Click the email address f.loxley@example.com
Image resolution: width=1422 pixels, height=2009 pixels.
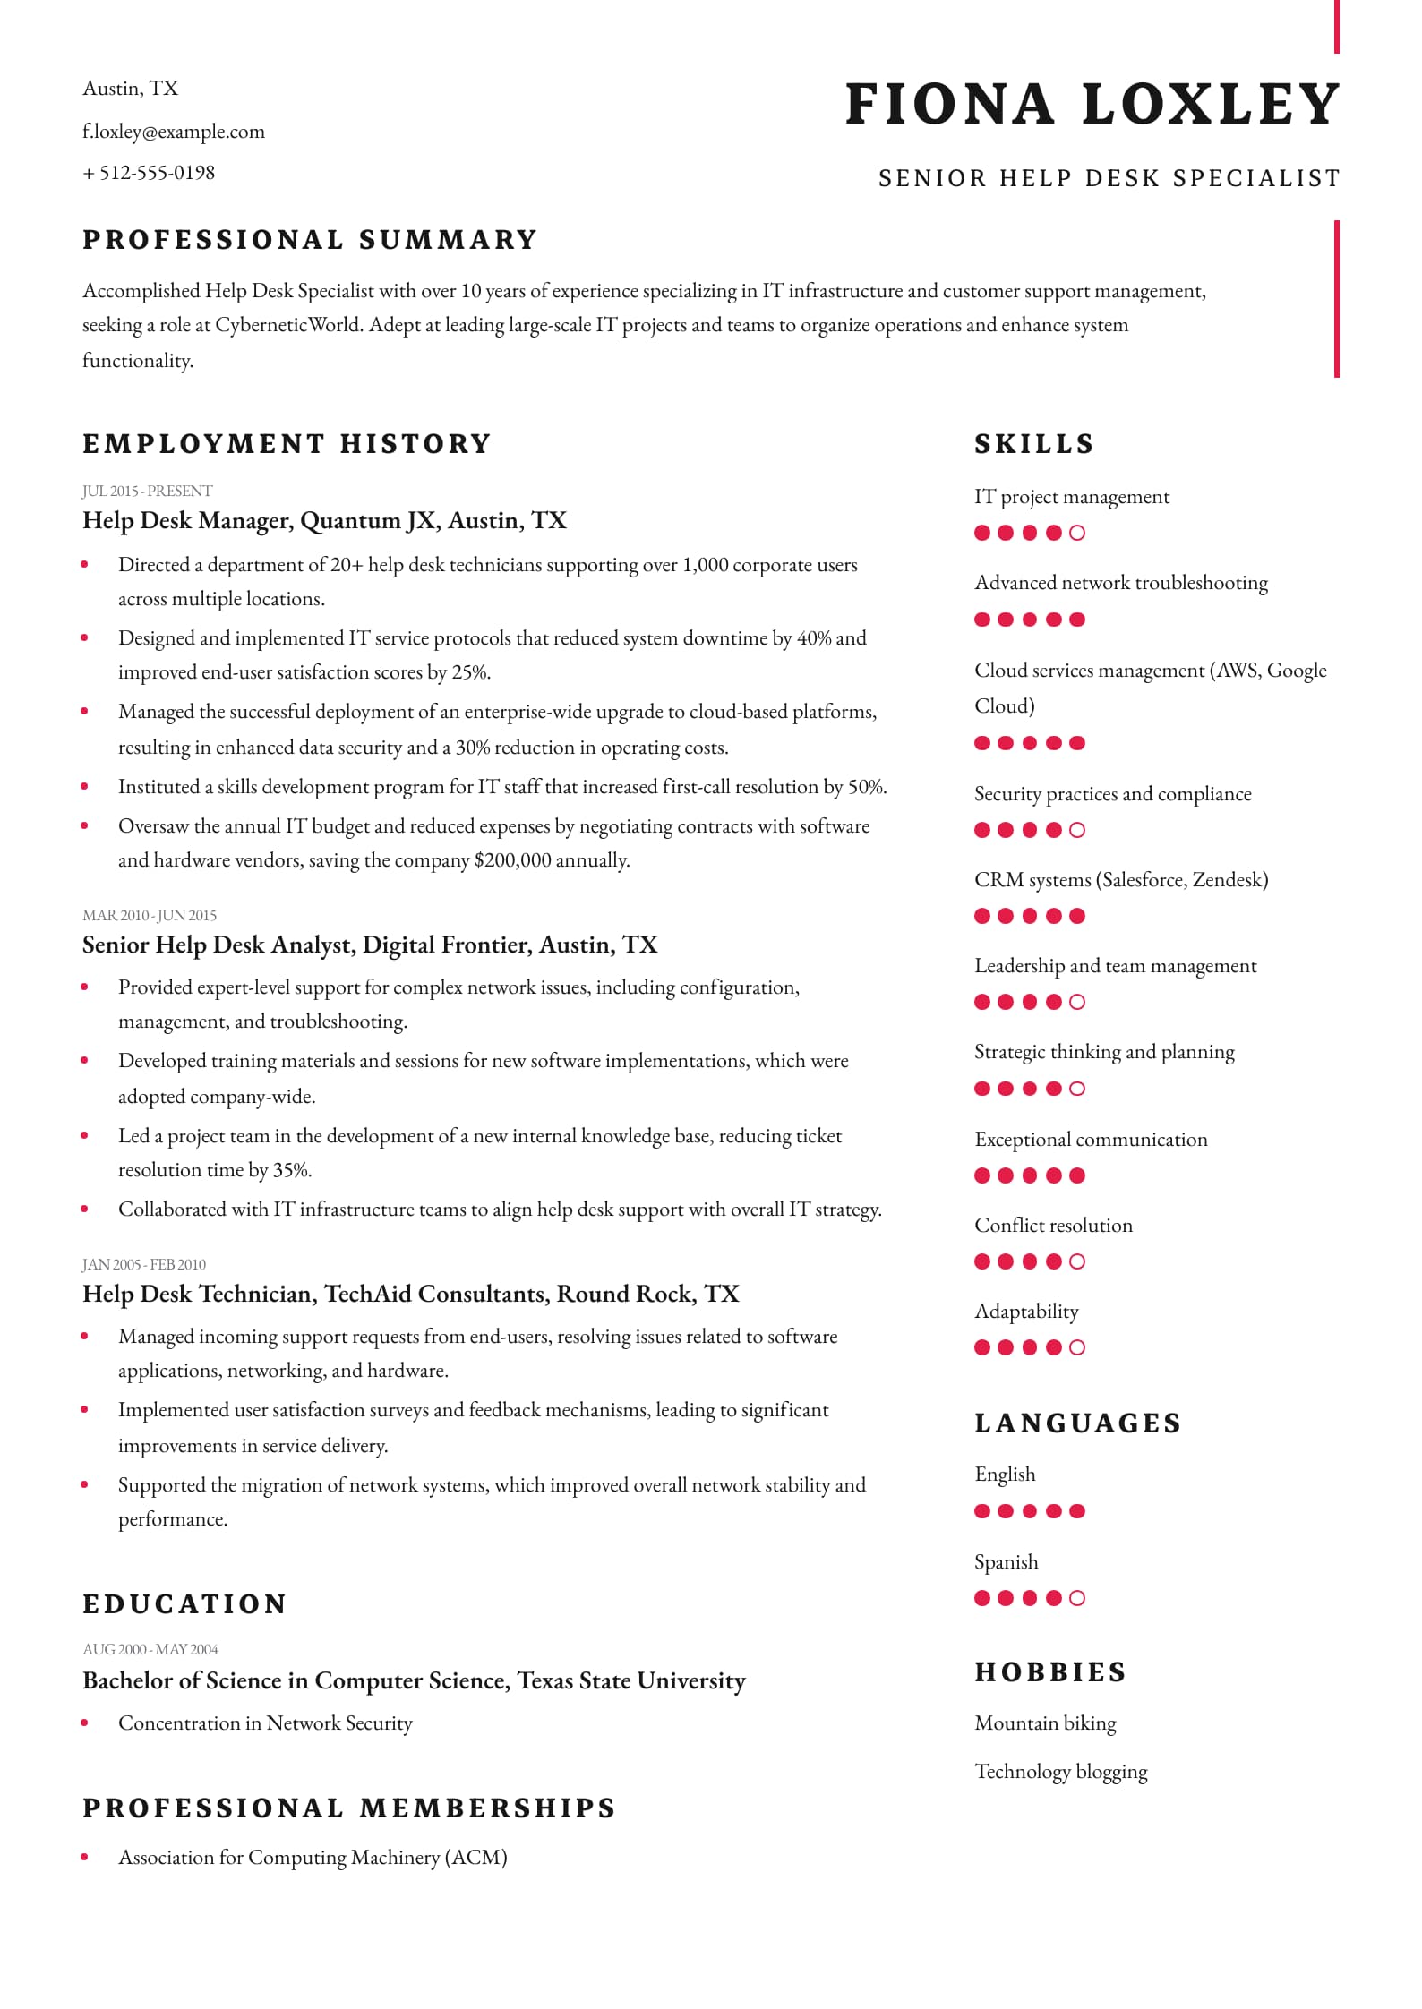tap(174, 132)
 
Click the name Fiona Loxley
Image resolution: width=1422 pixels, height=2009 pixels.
tap(1092, 104)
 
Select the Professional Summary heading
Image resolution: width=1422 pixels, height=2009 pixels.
tap(310, 240)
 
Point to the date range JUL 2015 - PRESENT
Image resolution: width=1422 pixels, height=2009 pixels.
tap(148, 491)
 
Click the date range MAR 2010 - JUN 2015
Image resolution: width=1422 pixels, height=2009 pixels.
tap(150, 915)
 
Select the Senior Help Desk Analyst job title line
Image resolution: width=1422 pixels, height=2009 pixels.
tap(370, 945)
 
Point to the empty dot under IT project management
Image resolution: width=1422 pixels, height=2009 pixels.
tap(1077, 533)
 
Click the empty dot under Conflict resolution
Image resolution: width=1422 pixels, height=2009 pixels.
tap(1077, 1261)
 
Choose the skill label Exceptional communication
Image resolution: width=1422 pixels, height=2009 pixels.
tap(1091, 1140)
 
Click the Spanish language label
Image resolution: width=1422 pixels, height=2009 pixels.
tap(1006, 1562)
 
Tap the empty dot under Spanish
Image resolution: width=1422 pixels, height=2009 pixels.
tap(1077, 1598)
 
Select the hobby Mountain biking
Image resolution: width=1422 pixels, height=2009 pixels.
tap(1045, 1723)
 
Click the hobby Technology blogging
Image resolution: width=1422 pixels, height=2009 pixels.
tap(1060, 1772)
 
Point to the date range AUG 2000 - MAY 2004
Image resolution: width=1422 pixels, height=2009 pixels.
tap(150, 1649)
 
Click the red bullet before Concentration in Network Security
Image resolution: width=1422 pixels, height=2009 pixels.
tap(84, 1723)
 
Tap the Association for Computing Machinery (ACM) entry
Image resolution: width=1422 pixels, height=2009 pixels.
tap(313, 1858)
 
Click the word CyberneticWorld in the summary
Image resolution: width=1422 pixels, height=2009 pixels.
tap(289, 325)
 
